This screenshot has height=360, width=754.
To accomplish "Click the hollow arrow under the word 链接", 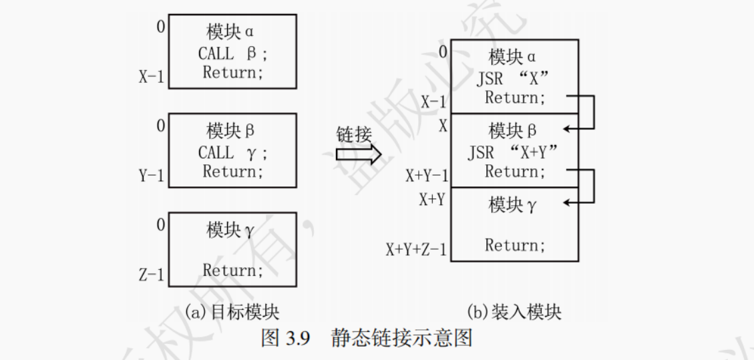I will click(357, 156).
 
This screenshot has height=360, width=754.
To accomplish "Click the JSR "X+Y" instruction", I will click(512, 153).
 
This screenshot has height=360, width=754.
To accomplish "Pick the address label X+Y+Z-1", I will click(416, 250).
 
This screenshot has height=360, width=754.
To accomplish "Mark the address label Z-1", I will click(152, 274).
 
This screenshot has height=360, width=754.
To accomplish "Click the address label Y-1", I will click(152, 175).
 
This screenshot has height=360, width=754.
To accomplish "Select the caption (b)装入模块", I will click(514, 311).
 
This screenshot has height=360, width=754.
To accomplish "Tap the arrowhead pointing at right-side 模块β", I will click(567, 128).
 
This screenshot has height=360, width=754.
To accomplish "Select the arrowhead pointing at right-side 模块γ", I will click(567, 202).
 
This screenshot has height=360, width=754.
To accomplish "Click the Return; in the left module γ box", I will click(233, 270).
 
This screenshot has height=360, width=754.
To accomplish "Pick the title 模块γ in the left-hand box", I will click(230, 231).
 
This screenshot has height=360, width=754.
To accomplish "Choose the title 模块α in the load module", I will click(512, 55).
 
